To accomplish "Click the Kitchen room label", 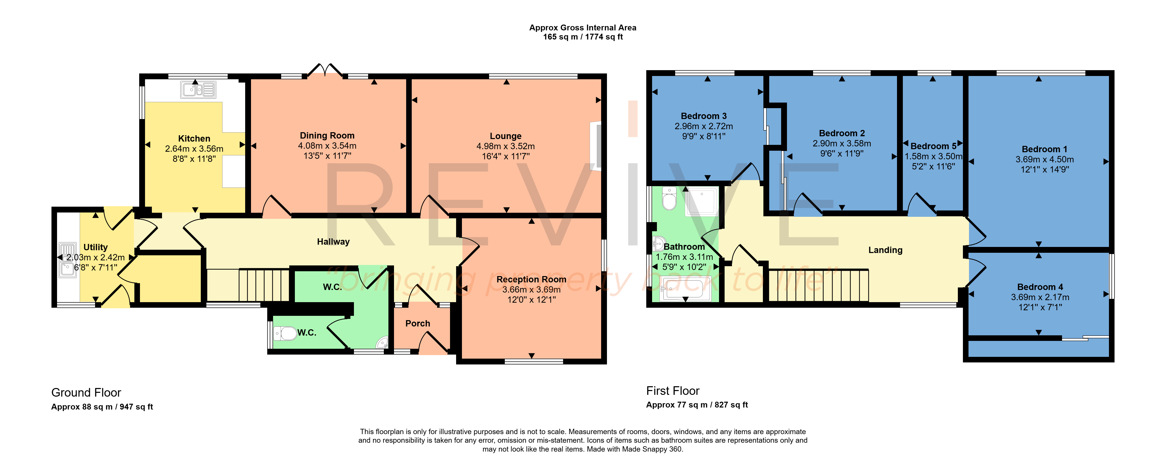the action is pyautogui.click(x=194, y=139).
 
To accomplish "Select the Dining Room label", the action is pyautogui.click(x=327, y=135).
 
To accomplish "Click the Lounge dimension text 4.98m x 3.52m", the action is pyautogui.click(x=506, y=146).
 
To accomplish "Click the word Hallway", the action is pyautogui.click(x=333, y=242).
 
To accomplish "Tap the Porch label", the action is pyautogui.click(x=417, y=323).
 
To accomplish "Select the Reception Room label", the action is pyautogui.click(x=531, y=279).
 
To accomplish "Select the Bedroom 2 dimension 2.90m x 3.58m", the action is pyautogui.click(x=842, y=143).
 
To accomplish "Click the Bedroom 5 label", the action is pyautogui.click(x=933, y=146).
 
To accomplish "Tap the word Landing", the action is pyautogui.click(x=885, y=250).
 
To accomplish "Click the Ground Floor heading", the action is pyautogui.click(x=86, y=393).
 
